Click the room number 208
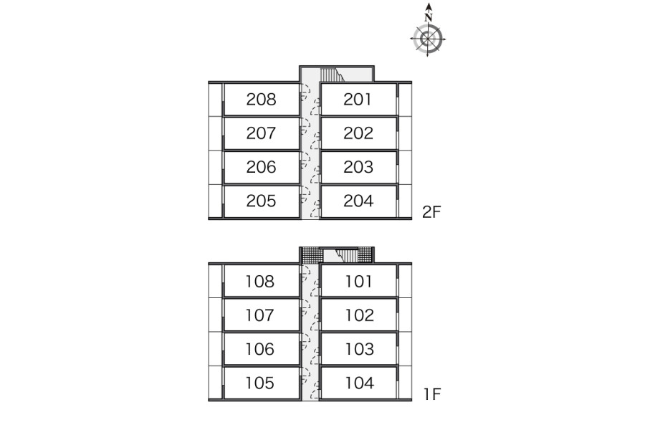coord(261,99)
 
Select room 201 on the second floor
coord(358,99)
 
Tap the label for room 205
coord(261,201)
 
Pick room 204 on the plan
coord(358,201)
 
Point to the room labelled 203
coord(358,167)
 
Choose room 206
coord(261,167)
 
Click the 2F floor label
coord(431,212)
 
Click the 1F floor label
coord(432,394)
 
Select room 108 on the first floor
coord(259,282)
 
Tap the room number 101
coord(358,282)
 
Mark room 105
coord(259,383)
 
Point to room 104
coord(360,383)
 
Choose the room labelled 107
coord(259,315)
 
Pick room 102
coord(360,315)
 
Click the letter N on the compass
coord(429,18)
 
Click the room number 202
coord(358,133)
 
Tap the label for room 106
coord(259,349)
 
